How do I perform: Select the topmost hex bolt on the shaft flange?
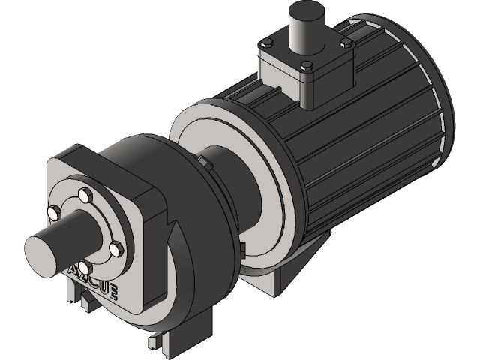point(85,196)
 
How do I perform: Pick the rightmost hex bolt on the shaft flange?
point(115,247)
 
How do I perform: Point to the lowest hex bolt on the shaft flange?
point(85,266)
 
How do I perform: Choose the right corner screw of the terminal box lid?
point(347,45)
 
